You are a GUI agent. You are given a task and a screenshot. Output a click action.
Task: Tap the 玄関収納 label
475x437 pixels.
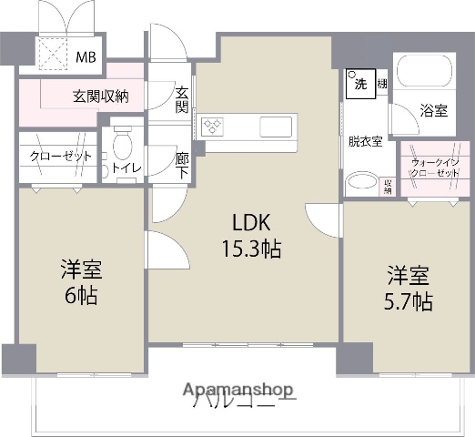pos(100,95)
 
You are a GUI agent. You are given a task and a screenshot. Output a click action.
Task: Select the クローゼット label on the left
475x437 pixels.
pos(61,157)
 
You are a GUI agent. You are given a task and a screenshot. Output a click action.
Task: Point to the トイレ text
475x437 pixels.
pos(122,168)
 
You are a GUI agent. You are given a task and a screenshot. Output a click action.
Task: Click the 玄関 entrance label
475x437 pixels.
pos(182,100)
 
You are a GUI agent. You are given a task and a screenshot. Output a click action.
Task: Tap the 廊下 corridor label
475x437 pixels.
pos(182,165)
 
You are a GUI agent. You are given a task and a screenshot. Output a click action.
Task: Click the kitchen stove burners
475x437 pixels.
pos(213,127)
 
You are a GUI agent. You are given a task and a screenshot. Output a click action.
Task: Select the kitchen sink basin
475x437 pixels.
pos(275,126)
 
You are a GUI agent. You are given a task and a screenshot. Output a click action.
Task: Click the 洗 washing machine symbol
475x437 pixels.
pos(359,85)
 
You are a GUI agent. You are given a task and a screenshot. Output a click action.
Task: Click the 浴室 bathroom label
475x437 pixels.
pos(433,111)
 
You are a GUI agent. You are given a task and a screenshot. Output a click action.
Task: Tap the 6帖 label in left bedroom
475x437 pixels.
pos(80,296)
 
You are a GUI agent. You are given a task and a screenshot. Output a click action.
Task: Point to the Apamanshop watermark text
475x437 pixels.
pos(238,390)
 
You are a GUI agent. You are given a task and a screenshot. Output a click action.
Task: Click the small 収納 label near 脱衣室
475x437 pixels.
pos(389,186)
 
